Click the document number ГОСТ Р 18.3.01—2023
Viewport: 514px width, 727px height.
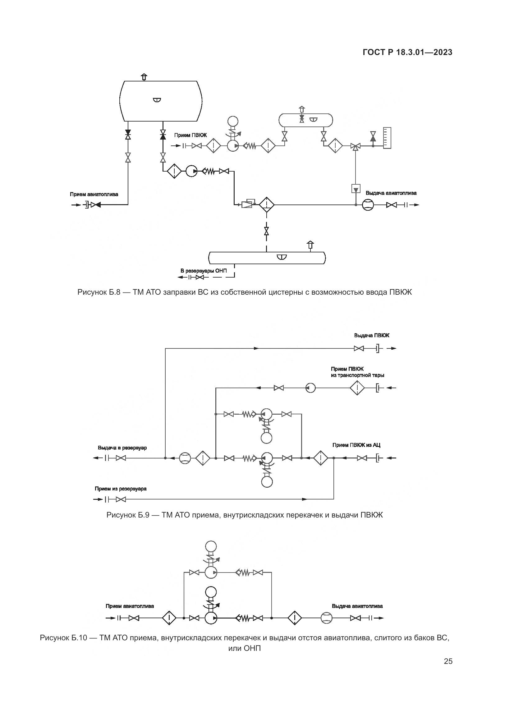click(x=407, y=53)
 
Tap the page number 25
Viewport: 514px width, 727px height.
click(x=448, y=661)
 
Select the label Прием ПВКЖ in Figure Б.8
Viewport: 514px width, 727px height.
click(x=190, y=135)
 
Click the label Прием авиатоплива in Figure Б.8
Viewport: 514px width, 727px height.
click(x=94, y=194)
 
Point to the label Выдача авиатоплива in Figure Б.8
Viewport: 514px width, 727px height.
click(x=391, y=193)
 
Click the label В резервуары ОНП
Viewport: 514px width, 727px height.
click(x=204, y=271)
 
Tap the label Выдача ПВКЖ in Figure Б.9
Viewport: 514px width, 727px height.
click(x=372, y=335)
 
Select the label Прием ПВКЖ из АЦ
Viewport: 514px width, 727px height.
click(x=356, y=445)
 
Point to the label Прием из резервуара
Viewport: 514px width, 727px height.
click(x=121, y=489)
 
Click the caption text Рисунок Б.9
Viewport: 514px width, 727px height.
click(x=244, y=515)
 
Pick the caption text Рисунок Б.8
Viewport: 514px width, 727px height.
click(x=244, y=292)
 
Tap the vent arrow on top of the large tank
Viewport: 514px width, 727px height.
click(x=144, y=77)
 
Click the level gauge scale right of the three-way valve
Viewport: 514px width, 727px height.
click(x=387, y=138)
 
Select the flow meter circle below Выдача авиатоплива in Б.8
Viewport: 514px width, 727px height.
click(x=368, y=205)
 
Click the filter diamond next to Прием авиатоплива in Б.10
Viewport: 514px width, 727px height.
click(x=169, y=618)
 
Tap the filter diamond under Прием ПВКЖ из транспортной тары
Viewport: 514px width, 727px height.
click(x=357, y=388)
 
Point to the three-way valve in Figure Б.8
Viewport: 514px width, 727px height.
click(x=356, y=146)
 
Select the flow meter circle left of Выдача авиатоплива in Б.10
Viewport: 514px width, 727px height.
click(x=326, y=618)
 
